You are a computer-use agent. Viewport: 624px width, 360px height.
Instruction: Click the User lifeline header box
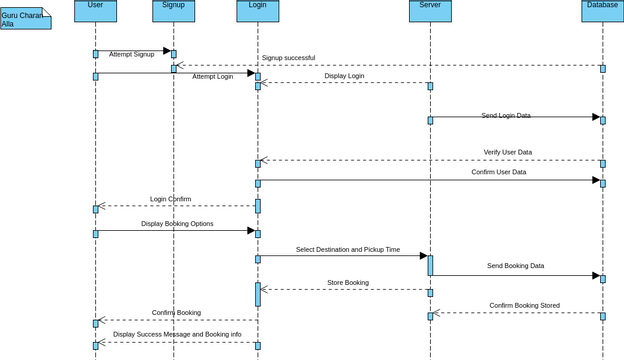[95, 10]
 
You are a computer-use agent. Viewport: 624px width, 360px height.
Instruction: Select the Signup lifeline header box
[173, 10]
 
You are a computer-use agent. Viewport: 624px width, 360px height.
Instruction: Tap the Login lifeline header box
[257, 10]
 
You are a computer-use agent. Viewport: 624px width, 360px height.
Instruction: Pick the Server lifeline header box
[430, 10]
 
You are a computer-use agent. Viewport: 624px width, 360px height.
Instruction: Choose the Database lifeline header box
[602, 10]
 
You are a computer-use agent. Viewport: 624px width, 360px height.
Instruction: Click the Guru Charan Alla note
[25, 19]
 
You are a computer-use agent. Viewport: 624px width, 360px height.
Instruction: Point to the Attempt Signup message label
[132, 54]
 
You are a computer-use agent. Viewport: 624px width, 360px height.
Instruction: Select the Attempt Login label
[213, 76]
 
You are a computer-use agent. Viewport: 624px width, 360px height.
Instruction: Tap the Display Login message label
[344, 76]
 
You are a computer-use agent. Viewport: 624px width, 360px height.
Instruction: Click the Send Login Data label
[506, 116]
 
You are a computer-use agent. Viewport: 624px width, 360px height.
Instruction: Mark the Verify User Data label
[508, 152]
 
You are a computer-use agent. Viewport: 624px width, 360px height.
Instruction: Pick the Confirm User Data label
[499, 172]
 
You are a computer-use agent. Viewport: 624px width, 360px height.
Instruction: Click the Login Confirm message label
[171, 199]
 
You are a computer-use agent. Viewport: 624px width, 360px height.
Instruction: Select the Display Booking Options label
[177, 224]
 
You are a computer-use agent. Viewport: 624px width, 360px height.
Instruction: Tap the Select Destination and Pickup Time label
[348, 249]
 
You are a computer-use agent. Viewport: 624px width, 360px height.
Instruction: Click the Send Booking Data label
[516, 266]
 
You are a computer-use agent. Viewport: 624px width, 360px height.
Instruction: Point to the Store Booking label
[348, 283]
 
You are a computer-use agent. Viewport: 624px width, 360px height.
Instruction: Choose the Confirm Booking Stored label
[525, 305]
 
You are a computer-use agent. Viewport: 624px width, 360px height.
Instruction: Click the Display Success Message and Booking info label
[177, 334]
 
